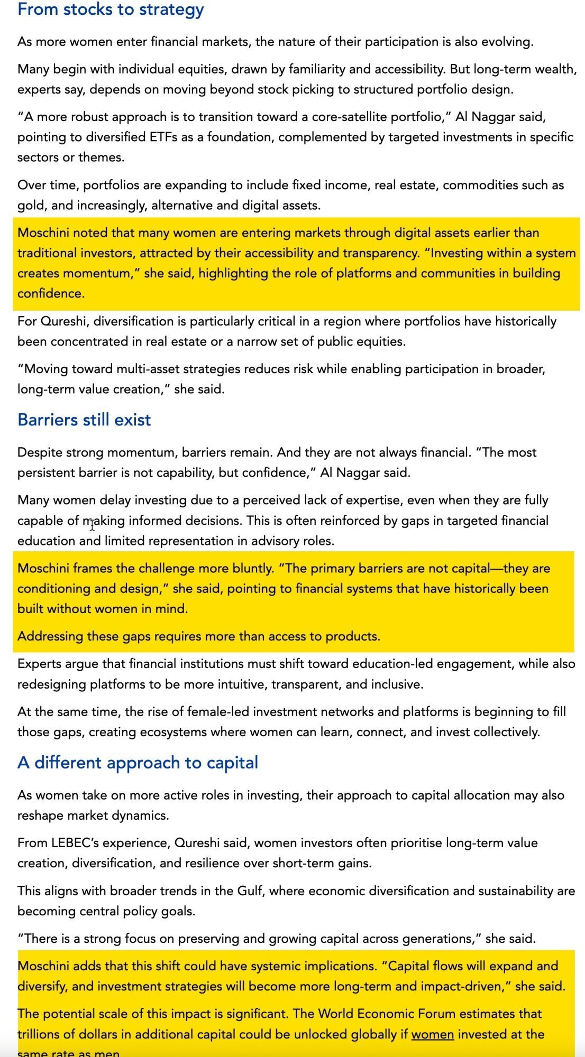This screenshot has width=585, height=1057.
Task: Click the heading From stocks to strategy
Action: [x=111, y=10]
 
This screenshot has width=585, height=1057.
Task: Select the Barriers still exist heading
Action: [x=84, y=420]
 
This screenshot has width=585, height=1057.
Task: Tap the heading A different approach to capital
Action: [x=138, y=763]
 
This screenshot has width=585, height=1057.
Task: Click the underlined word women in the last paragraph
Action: [x=432, y=1034]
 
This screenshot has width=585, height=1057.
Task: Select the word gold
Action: [x=30, y=205]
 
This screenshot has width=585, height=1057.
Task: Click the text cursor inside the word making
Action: [x=93, y=524]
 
